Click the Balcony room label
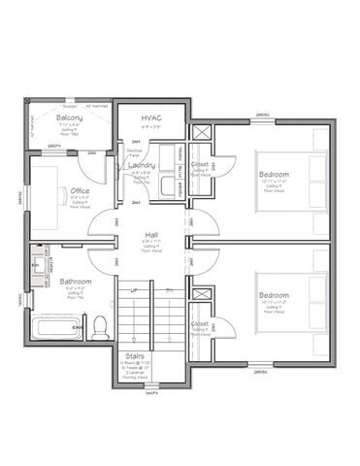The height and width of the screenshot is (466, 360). pyautogui.click(x=68, y=117)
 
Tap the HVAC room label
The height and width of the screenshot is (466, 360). pyautogui.click(x=150, y=117)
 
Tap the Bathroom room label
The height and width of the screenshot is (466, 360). pyautogui.click(x=74, y=282)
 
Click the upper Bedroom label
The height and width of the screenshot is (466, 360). pyautogui.click(x=273, y=175)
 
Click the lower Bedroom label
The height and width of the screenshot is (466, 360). pyautogui.click(x=273, y=295)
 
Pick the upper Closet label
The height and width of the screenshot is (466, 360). pyautogui.click(x=200, y=165)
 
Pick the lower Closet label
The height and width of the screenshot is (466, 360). pyautogui.click(x=200, y=324)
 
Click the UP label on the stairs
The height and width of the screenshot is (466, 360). pyautogui.click(x=134, y=290)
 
